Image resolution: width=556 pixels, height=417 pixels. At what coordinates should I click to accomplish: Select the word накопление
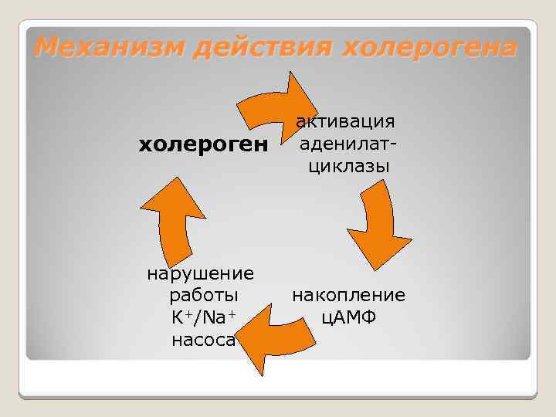point(347,295)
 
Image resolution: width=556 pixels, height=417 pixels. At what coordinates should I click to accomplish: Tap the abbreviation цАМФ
point(347,317)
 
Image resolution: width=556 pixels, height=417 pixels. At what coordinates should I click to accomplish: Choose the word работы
point(202,295)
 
